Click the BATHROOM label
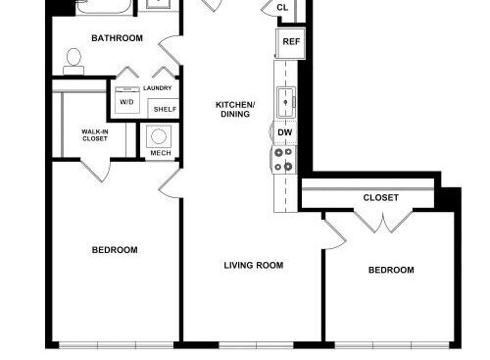[x=117, y=38]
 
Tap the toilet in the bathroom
[x=73, y=62]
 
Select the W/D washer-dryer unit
[x=127, y=100]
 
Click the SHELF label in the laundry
[x=165, y=109]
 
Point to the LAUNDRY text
[x=157, y=88]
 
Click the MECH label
[x=161, y=153]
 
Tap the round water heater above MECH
[x=159, y=136]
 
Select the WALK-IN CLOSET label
[x=95, y=135]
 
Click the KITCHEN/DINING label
[x=235, y=109]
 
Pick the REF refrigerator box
[x=291, y=43]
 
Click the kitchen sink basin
[x=286, y=102]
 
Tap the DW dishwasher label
[x=285, y=132]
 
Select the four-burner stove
[x=284, y=160]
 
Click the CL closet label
[x=282, y=7]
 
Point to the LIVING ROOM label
[x=254, y=265]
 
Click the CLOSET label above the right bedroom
[x=381, y=197]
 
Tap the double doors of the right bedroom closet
[x=383, y=222]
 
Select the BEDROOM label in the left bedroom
[x=115, y=250]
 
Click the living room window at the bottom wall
[x=256, y=345]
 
